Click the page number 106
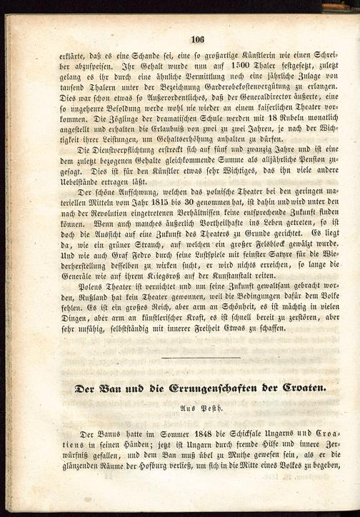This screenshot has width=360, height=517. [x=198, y=40]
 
